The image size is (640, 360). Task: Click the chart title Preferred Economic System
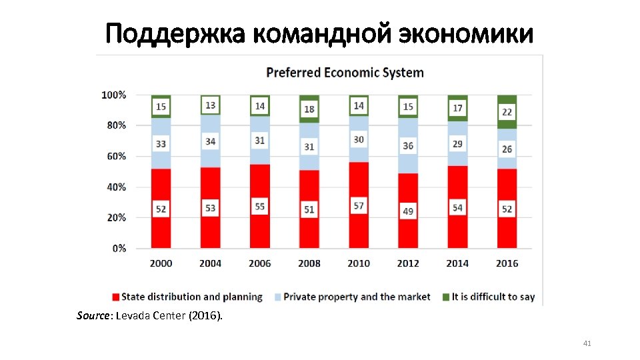coord(345,72)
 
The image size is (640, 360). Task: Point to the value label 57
coord(359,206)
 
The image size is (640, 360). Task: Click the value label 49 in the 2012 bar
coord(408,211)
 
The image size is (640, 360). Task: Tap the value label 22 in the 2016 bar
coord(507,112)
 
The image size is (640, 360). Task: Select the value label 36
coord(408,145)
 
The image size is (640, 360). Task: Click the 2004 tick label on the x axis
coord(210,263)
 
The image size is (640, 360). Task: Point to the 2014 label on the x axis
coord(457,263)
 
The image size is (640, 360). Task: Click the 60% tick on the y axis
coord(113,156)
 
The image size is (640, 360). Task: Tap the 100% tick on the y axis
coord(113,95)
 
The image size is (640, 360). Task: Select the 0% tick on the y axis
coord(119,248)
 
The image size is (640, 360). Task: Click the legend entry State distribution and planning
coord(193,297)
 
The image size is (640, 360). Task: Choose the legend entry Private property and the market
coord(357,297)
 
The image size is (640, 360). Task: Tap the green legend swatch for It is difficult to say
coord(445,297)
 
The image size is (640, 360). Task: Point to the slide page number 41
coord(587,343)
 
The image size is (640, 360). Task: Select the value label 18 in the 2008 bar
coord(309,109)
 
